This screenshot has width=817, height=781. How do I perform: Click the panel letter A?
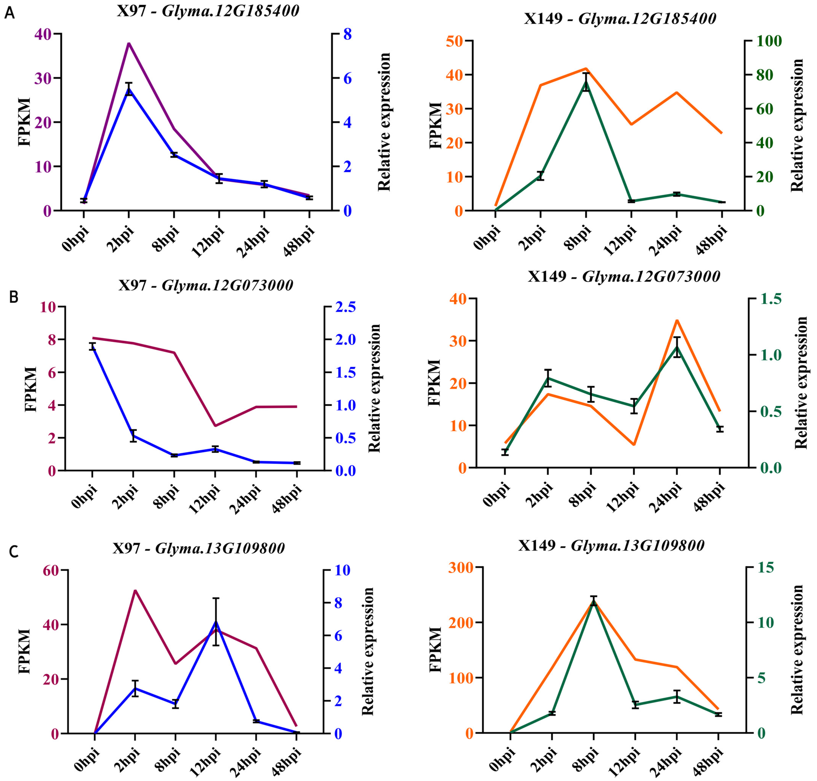[x=9, y=13]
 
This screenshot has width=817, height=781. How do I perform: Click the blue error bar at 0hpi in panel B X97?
[x=92, y=346]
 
